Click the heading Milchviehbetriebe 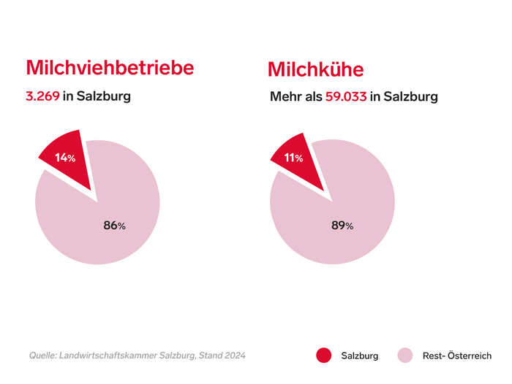(110, 67)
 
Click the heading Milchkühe (315, 69)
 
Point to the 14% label (65, 157)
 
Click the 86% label (114, 226)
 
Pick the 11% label (293, 158)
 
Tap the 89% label (342, 226)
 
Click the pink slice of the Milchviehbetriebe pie (110, 212)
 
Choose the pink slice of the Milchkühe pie (344, 212)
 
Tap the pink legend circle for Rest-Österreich (406, 356)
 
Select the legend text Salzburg (360, 356)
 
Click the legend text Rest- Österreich (457, 356)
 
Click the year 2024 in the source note (233, 356)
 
